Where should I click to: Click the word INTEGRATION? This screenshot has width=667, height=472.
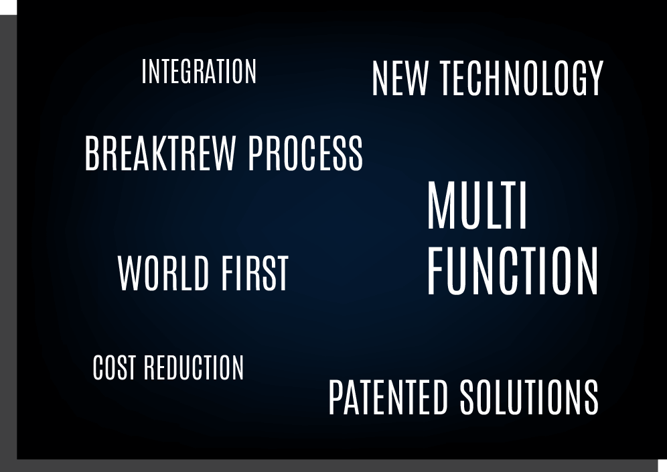point(199,72)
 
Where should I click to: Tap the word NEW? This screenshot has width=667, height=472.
point(400,78)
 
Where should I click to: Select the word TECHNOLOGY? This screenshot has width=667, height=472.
point(522,78)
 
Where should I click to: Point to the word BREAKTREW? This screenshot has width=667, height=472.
point(160,154)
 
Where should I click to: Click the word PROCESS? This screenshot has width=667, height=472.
point(305,154)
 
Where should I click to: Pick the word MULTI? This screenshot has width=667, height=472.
point(477,205)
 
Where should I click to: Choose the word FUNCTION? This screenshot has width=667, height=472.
point(512,271)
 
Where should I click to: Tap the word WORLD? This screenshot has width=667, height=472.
point(163,274)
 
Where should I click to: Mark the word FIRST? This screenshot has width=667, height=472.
point(254,274)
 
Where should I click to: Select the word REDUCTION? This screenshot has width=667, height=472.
point(194,367)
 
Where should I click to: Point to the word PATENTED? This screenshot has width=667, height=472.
point(388,397)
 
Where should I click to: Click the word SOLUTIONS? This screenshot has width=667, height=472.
point(529,397)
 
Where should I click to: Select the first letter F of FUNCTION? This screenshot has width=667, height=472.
point(437,271)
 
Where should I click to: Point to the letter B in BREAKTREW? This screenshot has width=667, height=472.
point(92,154)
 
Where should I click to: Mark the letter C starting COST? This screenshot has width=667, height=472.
point(98,367)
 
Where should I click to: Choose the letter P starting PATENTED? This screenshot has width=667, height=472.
point(336,397)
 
